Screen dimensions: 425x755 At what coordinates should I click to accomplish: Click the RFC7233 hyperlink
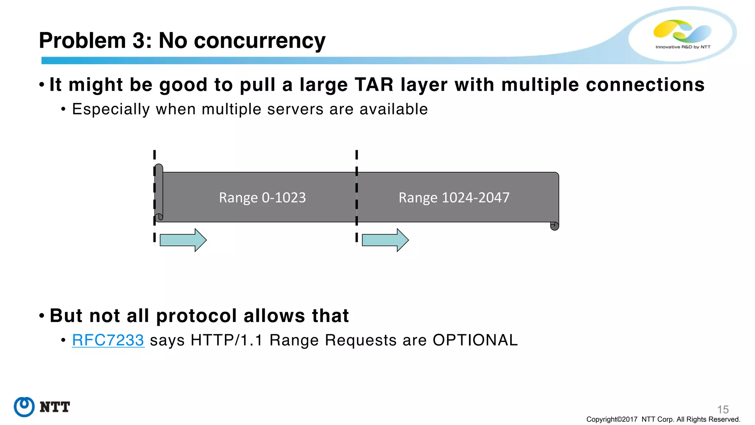coord(108,340)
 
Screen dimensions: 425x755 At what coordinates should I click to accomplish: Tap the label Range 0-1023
coord(262,198)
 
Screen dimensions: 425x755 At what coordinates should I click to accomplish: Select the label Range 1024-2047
coord(454,198)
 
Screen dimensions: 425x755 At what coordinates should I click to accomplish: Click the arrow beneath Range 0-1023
coord(183,240)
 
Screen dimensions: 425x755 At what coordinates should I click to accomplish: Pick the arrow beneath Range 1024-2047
coord(385,240)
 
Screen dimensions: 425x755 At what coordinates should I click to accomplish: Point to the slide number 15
coord(723,410)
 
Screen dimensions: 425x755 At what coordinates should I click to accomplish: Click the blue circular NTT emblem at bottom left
coord(24,407)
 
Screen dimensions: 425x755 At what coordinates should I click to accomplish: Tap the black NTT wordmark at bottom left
coord(55,407)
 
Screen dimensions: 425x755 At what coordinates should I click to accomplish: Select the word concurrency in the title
coord(260,41)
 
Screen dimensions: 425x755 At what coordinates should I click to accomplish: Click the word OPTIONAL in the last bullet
coord(475,340)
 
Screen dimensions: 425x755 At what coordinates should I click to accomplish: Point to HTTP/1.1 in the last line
coord(226,340)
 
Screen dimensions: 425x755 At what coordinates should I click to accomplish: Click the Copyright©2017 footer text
coord(612,419)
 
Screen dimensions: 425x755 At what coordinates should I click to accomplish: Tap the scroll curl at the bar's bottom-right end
coord(554,226)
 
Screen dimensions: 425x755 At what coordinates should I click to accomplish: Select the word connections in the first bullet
coord(645,85)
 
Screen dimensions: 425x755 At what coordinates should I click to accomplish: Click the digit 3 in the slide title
coord(139,41)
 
